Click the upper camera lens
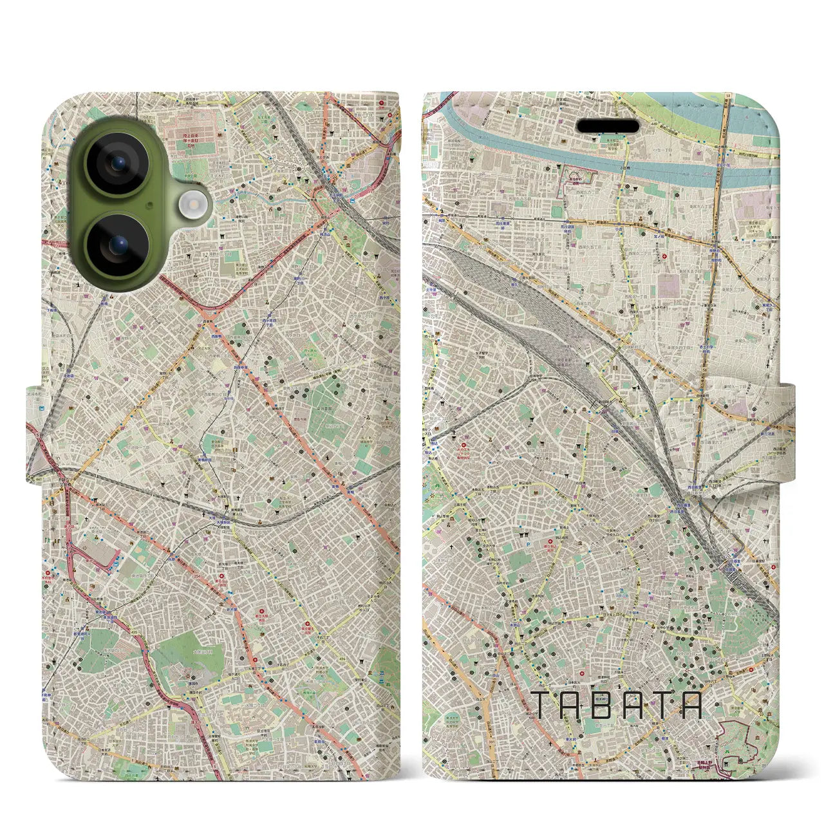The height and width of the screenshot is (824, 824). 118,164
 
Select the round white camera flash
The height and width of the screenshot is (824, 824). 191,205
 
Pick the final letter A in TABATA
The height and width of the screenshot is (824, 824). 691,706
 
